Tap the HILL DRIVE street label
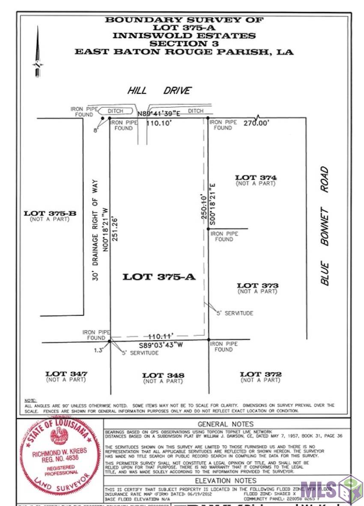tap(159, 91)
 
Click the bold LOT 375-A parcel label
tap(159, 277)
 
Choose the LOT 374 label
tap(256, 178)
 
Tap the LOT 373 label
tap(257, 286)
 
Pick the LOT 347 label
tap(66, 374)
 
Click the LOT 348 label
tap(163, 375)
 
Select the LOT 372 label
tap(260, 374)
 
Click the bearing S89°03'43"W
tap(163, 345)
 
